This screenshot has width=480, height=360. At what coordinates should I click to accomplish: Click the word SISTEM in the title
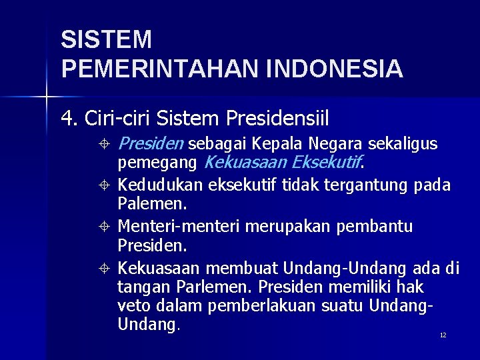pos(106,40)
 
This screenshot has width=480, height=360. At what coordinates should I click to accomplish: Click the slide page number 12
pos(443,335)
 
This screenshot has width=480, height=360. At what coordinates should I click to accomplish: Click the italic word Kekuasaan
pos(245,162)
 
